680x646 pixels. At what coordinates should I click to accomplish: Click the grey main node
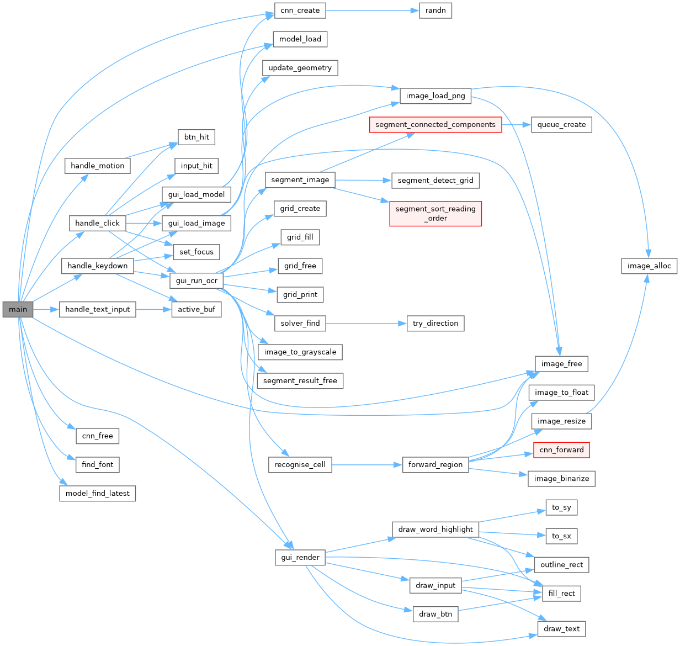tap(18, 309)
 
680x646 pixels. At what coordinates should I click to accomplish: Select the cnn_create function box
tap(300, 10)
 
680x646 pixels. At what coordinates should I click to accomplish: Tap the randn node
tap(435, 10)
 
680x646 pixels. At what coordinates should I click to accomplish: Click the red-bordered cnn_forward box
tap(561, 450)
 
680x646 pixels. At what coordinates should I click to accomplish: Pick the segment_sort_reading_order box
tap(435, 214)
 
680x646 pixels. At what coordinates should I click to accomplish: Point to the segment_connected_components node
tap(435, 125)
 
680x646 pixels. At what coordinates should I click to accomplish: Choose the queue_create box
tap(561, 125)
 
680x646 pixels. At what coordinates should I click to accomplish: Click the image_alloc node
tap(649, 266)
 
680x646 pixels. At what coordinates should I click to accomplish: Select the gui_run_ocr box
tap(196, 280)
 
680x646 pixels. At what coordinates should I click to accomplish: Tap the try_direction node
tap(435, 324)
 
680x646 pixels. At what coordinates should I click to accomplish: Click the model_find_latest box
tap(97, 493)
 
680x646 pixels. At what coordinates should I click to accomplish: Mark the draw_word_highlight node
tap(435, 529)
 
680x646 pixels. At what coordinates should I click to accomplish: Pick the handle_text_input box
tap(97, 309)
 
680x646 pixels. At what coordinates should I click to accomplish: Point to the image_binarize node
tap(561, 479)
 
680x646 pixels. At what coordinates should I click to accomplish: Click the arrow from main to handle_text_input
tap(46, 309)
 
